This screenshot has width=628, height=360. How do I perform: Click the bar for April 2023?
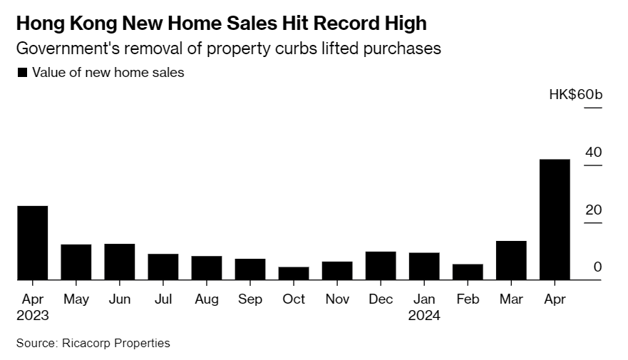[33, 242]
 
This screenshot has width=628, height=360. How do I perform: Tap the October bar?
[294, 273]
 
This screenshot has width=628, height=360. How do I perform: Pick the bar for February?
[468, 272]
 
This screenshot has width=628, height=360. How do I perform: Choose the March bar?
[511, 260]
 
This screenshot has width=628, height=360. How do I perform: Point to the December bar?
[381, 265]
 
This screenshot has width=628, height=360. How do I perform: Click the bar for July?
[163, 267]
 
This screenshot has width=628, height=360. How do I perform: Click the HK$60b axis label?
[575, 95]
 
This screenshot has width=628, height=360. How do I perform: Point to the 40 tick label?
[593, 153]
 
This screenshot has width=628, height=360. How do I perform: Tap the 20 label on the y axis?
[593, 210]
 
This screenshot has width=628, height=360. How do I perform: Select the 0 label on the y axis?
[597, 267]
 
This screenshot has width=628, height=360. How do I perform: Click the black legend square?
[22, 72]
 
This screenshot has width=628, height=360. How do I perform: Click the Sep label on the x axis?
[250, 299]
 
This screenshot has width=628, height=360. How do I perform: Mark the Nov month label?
[337, 299]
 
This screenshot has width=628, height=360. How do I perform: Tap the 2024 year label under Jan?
[424, 316]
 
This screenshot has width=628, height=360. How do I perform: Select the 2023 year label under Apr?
[33, 316]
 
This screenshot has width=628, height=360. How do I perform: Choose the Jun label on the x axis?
[120, 299]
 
